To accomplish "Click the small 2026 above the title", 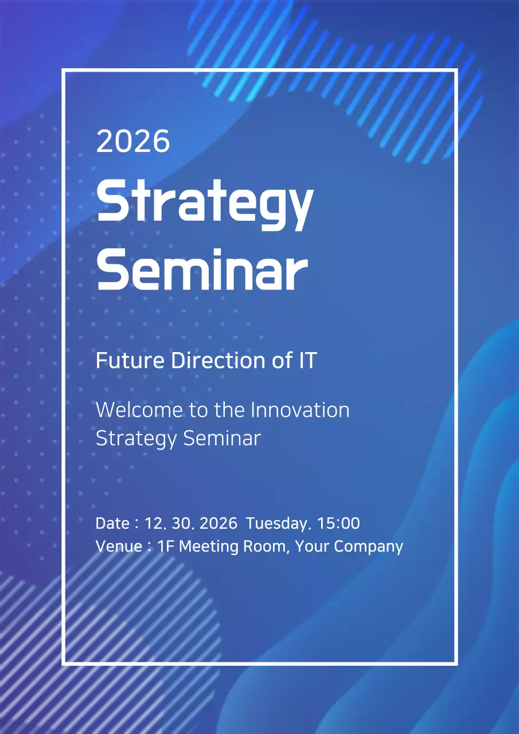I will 133,141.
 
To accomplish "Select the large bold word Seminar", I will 202,270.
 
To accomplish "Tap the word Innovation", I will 300,410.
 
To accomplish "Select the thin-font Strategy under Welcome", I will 136,439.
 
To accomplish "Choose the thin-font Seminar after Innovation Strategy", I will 222,438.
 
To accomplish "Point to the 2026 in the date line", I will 218,524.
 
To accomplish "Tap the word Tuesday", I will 278,524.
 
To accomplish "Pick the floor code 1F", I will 166,546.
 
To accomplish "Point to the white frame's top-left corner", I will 64,71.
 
